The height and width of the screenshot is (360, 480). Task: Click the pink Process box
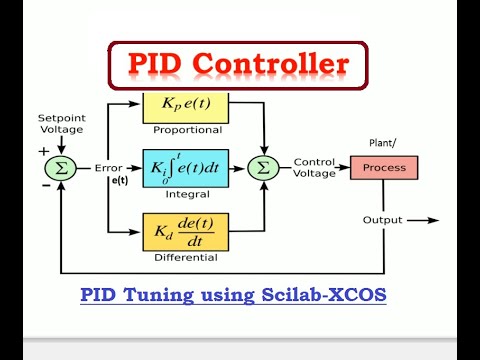click(384, 167)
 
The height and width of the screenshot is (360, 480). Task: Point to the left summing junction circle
click(62, 168)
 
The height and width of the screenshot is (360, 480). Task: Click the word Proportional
click(186, 130)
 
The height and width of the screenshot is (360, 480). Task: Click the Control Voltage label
click(315, 167)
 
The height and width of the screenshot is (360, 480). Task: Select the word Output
click(384, 220)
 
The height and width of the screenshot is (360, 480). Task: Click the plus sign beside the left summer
click(43, 151)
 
